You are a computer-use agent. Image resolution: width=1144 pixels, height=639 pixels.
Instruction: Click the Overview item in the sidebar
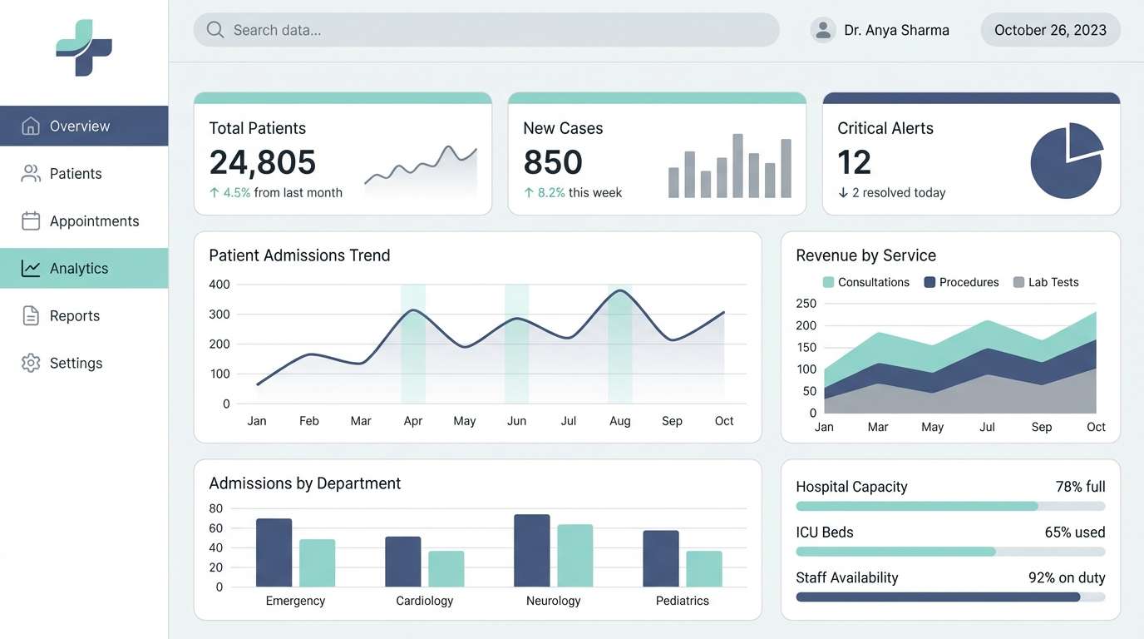pos(80,126)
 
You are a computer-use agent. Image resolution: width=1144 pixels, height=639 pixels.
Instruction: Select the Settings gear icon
pos(31,364)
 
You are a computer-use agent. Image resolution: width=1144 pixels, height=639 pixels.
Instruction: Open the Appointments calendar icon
pos(31,221)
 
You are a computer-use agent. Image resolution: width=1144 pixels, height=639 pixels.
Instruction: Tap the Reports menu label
pos(75,316)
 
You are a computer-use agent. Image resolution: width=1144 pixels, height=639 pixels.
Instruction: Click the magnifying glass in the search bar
pos(215,30)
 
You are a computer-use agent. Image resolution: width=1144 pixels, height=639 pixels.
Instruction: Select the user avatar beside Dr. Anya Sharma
pos(823,30)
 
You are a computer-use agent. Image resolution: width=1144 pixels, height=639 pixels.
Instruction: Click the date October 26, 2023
pos(1050,30)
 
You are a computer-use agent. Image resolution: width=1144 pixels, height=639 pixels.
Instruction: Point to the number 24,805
pos(263,162)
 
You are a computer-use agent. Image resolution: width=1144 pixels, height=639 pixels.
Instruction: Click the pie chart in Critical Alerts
pos(1067,161)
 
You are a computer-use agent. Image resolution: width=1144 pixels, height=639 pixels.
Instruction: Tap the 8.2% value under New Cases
pos(550,193)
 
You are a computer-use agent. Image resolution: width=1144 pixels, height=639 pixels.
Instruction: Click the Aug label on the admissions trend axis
pos(620,421)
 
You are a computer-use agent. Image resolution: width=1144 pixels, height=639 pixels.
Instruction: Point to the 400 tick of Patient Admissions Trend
pos(219,285)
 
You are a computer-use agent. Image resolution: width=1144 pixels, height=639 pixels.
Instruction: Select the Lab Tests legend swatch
pos(1018,282)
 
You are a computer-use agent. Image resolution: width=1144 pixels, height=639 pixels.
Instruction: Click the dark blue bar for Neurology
pos(532,551)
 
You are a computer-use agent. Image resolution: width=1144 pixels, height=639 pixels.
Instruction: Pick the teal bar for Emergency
pos(317,563)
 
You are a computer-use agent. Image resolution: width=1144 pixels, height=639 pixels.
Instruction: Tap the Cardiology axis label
pos(424,601)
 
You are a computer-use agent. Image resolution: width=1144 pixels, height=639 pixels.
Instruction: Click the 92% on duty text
pos(1067,577)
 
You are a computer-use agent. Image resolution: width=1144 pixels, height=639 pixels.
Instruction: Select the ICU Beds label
pos(825,532)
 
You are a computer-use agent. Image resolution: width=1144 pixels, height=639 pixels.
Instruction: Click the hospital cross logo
pos(84,48)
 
